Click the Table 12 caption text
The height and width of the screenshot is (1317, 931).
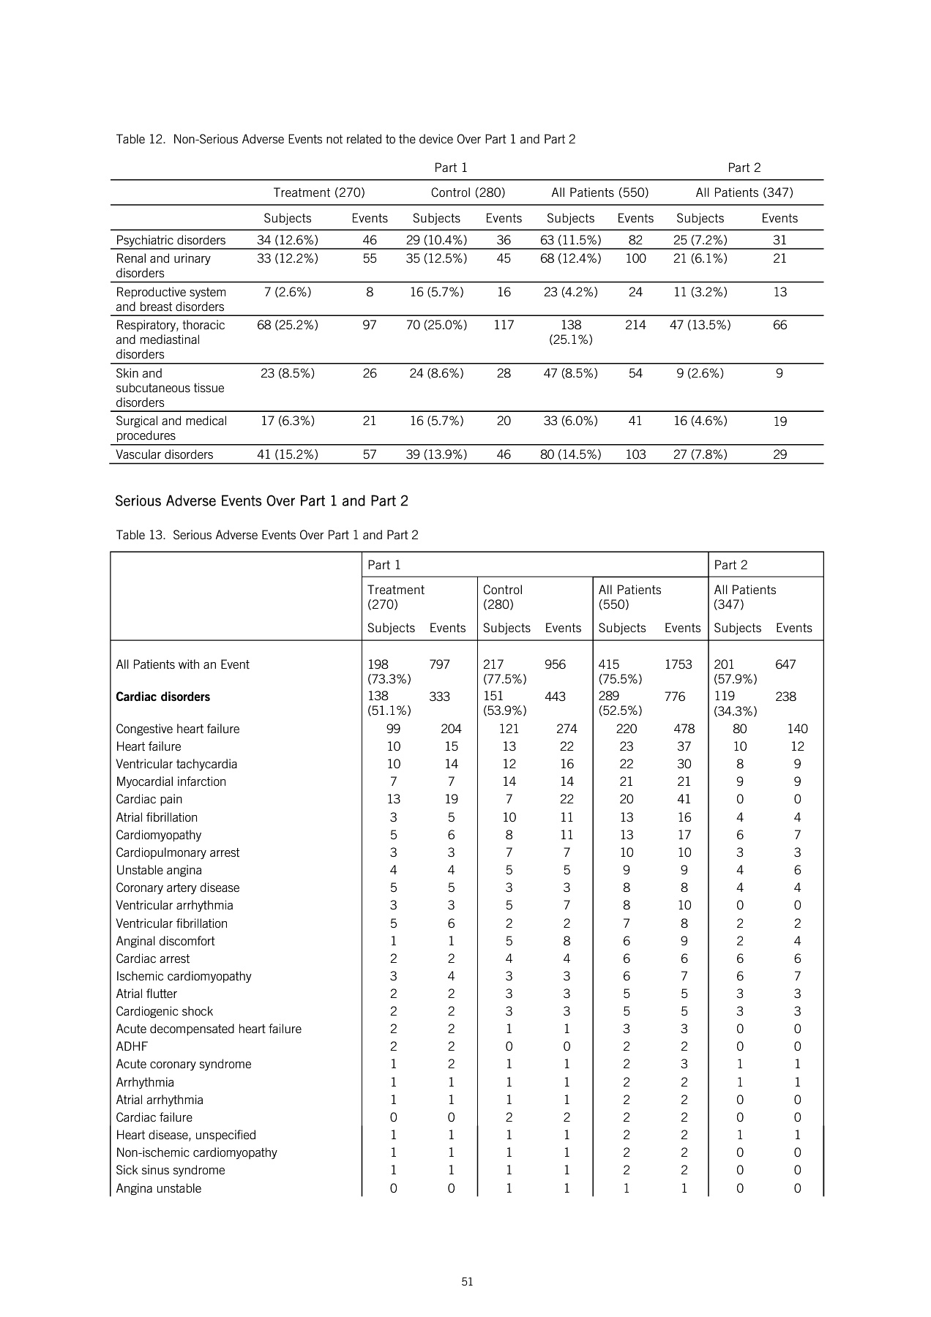(345, 139)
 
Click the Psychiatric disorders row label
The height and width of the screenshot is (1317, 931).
(171, 240)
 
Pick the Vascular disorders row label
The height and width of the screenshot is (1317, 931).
(165, 454)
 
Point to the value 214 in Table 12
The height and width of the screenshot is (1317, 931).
(635, 325)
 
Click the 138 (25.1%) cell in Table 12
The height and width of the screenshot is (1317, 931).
(571, 332)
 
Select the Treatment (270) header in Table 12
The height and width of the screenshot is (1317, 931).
(319, 192)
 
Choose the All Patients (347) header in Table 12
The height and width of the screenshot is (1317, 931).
(744, 192)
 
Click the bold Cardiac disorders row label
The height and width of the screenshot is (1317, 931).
(162, 697)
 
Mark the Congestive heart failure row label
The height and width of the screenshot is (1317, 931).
(178, 729)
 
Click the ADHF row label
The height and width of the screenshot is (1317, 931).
(132, 1046)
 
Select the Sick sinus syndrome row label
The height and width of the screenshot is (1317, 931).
(171, 1170)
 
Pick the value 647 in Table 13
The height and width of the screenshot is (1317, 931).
(785, 664)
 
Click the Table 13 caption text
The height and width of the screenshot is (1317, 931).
(267, 535)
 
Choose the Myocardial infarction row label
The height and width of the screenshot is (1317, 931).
(171, 781)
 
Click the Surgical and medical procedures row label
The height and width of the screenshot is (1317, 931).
(171, 428)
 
